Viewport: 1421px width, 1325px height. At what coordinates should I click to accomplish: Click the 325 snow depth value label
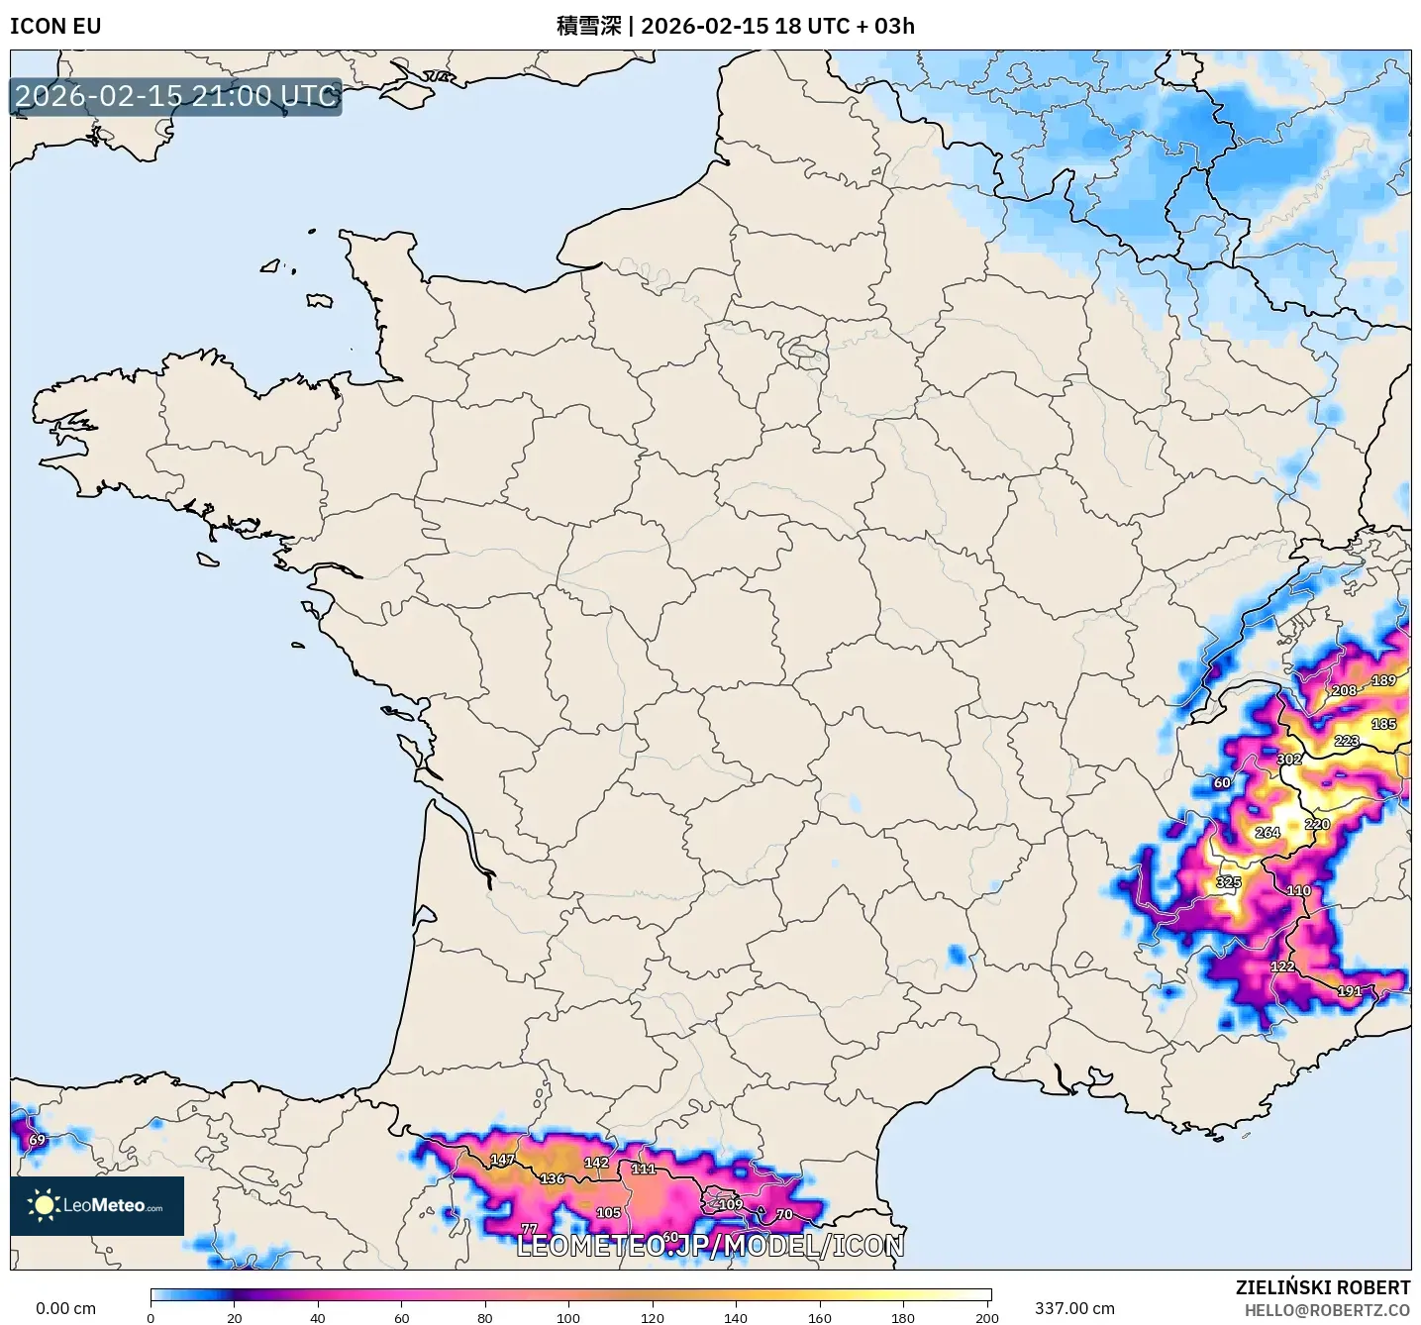coord(1228,882)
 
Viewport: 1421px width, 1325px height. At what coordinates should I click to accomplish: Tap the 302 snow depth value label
coord(1289,760)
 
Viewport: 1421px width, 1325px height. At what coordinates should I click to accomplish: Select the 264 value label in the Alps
coord(1268,833)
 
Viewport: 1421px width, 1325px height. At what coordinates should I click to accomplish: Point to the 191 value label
coord(1349,991)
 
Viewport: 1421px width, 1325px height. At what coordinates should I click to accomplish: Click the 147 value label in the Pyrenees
coord(502,1160)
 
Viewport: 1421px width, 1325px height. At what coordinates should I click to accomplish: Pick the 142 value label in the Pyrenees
coord(596,1163)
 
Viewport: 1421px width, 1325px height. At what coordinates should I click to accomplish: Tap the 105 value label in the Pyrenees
coord(608,1213)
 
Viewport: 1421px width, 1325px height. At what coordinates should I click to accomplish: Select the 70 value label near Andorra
coord(784,1214)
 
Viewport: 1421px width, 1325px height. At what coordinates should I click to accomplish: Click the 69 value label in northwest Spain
coord(37,1140)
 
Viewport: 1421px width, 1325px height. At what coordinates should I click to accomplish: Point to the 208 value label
coord(1344,690)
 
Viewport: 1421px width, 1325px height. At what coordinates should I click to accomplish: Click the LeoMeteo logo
coord(97,1205)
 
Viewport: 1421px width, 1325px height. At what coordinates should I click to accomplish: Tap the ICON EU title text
coord(55,26)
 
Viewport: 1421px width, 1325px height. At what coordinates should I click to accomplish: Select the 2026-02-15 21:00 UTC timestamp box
coord(176,96)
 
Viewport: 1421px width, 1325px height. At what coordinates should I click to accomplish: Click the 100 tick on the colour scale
coord(568,1316)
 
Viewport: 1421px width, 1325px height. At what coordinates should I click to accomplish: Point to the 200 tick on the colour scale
coord(986,1316)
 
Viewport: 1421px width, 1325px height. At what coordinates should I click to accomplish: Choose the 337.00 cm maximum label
coord(1074,1308)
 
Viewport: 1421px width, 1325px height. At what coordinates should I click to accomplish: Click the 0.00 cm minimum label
coord(66,1308)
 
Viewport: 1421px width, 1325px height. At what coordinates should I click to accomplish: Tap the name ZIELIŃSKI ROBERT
coord(1322,1287)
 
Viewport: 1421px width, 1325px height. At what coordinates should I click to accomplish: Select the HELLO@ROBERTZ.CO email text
coord(1327,1310)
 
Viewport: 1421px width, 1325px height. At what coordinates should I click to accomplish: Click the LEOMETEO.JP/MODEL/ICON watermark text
coord(710,1246)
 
